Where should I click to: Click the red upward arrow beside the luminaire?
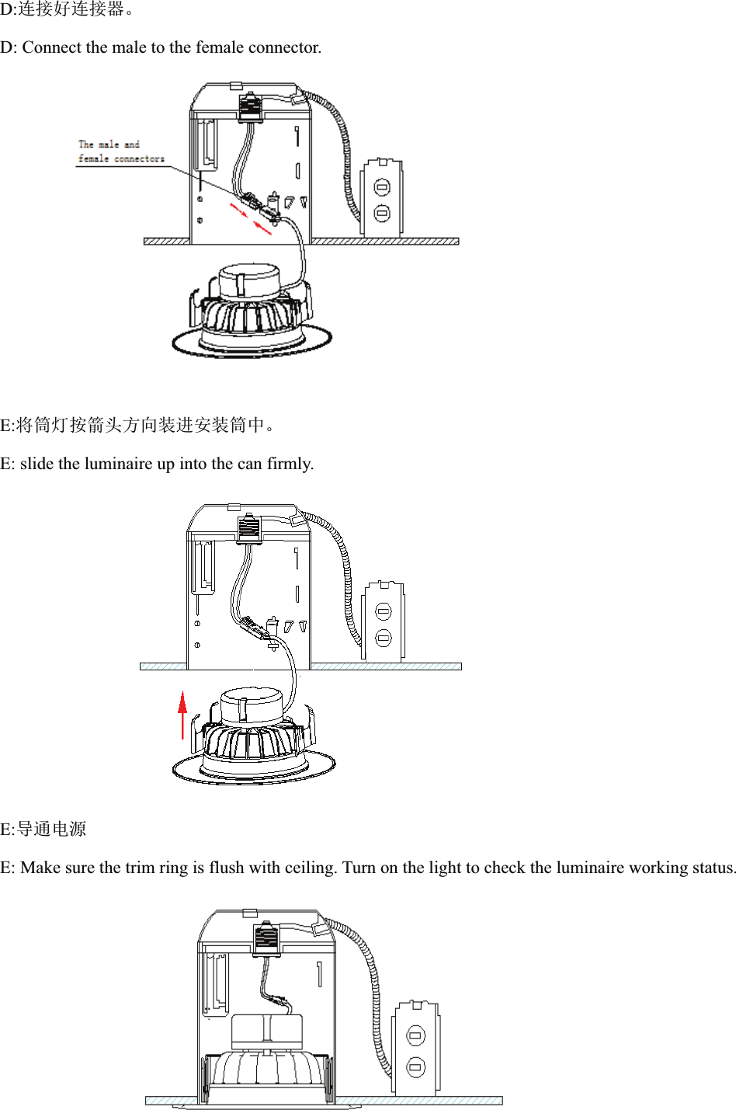tap(182, 713)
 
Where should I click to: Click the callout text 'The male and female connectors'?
tap(120, 151)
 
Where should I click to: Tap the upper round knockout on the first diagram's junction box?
tap(382, 187)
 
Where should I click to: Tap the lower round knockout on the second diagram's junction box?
tap(384, 639)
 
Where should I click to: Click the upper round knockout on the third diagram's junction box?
tap(416, 1035)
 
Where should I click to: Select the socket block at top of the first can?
tap(250, 107)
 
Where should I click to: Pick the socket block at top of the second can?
tap(248, 527)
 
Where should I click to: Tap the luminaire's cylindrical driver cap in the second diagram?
tap(252, 705)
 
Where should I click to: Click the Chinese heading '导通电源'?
tap(51, 829)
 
